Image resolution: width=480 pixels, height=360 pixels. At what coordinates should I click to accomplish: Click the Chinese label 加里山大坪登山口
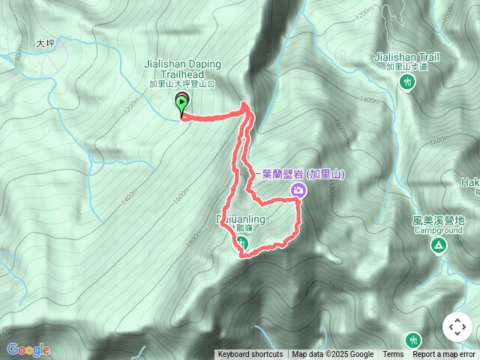pos(181,84)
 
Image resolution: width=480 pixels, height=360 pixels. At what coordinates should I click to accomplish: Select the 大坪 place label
pos(46,44)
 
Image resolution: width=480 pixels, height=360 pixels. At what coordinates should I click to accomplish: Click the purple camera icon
pos(299,190)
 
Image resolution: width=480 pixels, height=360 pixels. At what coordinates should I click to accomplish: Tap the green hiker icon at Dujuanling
pos(242,241)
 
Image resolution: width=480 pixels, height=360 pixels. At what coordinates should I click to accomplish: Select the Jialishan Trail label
pos(406,57)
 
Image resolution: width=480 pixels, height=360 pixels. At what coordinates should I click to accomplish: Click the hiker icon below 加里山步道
pos(406,82)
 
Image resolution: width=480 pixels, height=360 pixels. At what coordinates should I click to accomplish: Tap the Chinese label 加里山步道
pos(406,67)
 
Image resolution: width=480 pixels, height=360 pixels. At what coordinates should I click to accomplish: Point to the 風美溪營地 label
pos(439,220)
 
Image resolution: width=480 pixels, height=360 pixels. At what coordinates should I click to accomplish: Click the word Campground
pos(439,231)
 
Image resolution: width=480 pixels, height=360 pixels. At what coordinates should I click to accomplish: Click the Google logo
pos(28,349)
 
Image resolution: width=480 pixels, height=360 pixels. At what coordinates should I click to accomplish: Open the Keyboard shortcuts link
pos(250,355)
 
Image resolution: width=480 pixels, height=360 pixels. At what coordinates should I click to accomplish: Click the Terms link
pos(393,355)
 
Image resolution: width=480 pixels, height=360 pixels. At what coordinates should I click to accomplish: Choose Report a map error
pos(444,355)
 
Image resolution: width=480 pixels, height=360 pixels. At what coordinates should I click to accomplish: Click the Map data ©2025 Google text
pos(333,355)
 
